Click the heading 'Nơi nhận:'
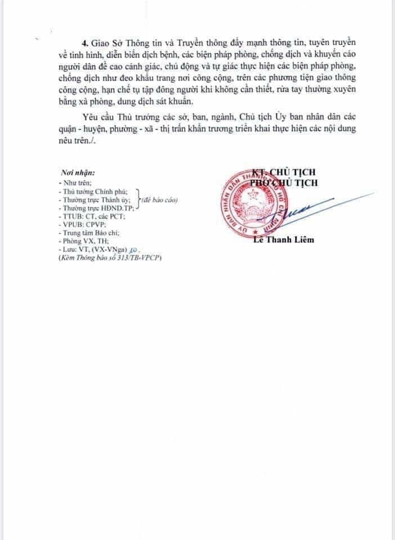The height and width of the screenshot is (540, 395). coord(78,174)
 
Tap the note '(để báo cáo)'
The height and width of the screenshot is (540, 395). coord(163,200)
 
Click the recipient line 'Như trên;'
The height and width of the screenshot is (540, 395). coord(78,183)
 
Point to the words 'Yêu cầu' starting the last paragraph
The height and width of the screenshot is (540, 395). coord(98,116)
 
